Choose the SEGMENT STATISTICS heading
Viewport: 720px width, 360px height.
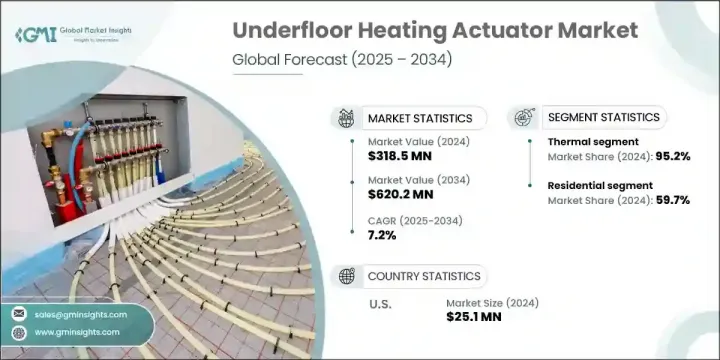604,118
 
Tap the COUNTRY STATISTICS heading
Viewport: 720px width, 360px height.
423,276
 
